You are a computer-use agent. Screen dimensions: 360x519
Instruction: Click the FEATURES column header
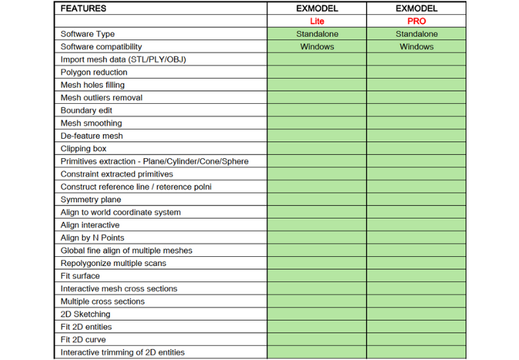83,9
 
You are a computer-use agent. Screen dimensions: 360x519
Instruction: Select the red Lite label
317,21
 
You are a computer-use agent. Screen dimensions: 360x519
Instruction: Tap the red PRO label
416,21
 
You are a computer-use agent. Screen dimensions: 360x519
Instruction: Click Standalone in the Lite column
317,34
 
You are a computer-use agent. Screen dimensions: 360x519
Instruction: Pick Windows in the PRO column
416,47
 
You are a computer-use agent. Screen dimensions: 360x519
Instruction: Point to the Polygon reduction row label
94,72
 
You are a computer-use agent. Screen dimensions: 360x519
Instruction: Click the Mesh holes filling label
93,85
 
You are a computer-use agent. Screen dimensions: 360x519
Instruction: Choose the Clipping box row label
84,149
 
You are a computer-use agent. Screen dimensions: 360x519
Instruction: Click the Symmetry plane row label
91,199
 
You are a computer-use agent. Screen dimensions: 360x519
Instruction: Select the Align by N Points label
92,237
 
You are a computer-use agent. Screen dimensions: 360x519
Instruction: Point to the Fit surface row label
80,276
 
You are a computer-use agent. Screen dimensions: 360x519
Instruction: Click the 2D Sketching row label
85,314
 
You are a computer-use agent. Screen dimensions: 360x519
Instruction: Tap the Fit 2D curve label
83,339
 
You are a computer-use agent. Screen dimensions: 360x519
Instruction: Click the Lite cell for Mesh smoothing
317,123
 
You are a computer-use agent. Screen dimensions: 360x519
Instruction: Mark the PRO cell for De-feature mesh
416,136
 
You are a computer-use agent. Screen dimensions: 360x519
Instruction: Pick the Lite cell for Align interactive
317,225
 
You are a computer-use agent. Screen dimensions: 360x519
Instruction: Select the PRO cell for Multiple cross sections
416,301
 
